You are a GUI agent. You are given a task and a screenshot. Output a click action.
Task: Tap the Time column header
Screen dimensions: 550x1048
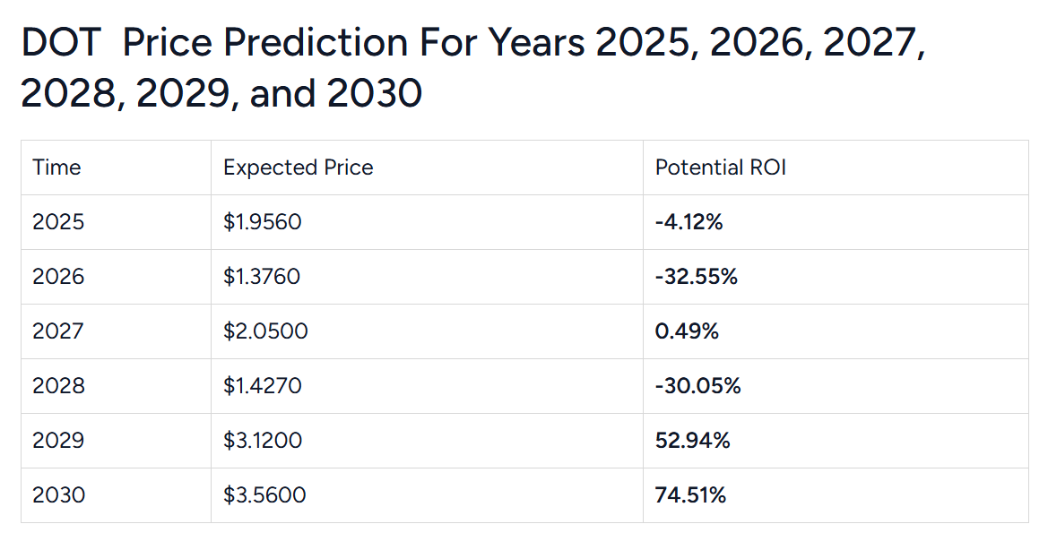tap(56, 168)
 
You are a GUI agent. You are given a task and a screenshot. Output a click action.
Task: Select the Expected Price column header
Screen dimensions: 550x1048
tap(299, 168)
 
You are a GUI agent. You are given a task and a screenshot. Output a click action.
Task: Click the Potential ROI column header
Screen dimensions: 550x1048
tap(721, 168)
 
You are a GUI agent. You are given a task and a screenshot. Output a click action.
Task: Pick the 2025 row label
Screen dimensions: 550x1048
tap(58, 222)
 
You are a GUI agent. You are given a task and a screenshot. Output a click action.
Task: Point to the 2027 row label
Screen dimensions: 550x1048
tap(58, 331)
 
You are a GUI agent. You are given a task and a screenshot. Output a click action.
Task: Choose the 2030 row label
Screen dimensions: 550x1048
tap(58, 494)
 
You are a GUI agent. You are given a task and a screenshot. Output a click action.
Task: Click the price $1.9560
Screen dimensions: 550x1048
tap(263, 222)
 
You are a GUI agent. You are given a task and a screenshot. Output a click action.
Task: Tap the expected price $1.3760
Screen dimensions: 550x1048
tap(262, 277)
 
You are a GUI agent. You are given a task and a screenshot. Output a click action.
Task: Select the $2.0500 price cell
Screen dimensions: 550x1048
tap(265, 331)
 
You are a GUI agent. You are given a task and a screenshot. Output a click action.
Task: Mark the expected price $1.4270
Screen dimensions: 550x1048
tap(263, 386)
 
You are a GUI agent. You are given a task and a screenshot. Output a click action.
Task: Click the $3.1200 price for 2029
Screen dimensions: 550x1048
tap(263, 441)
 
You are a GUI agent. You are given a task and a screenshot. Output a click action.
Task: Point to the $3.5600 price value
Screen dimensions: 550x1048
tap(264, 494)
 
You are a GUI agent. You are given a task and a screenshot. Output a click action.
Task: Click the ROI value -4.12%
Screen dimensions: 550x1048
tap(689, 222)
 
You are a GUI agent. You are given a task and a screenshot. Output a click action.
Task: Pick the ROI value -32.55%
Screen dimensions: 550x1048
tap(697, 277)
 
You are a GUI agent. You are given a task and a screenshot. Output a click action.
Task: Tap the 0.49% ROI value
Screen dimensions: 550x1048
tap(687, 331)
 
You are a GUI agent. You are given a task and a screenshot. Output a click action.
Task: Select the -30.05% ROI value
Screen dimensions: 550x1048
tap(698, 386)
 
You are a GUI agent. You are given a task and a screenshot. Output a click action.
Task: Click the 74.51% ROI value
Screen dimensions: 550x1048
tap(690, 494)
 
